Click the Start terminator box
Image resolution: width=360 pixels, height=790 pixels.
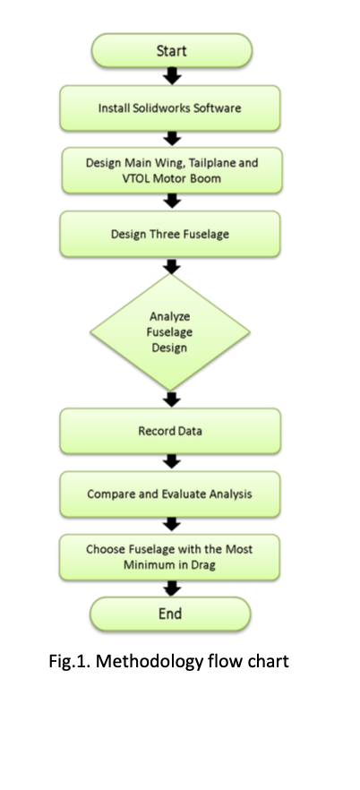172,50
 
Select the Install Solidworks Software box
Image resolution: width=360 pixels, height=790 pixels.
170,108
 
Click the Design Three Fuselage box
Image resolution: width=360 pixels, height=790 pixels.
170,234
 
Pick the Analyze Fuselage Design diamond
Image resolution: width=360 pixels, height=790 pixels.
170,332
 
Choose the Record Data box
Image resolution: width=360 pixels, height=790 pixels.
170,431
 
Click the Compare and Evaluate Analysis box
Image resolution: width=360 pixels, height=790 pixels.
170,494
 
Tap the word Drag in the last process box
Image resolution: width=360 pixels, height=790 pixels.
203,565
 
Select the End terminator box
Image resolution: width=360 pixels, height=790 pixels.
170,614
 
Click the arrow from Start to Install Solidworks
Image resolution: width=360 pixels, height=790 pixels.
172,76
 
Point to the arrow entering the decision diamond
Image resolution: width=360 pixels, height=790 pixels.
172,266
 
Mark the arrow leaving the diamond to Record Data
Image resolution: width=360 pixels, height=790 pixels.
172,399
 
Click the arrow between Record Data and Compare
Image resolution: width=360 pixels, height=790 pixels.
172,461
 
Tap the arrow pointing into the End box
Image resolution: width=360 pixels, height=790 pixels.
172,588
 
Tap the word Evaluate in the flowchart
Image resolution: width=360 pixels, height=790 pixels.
184,494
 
